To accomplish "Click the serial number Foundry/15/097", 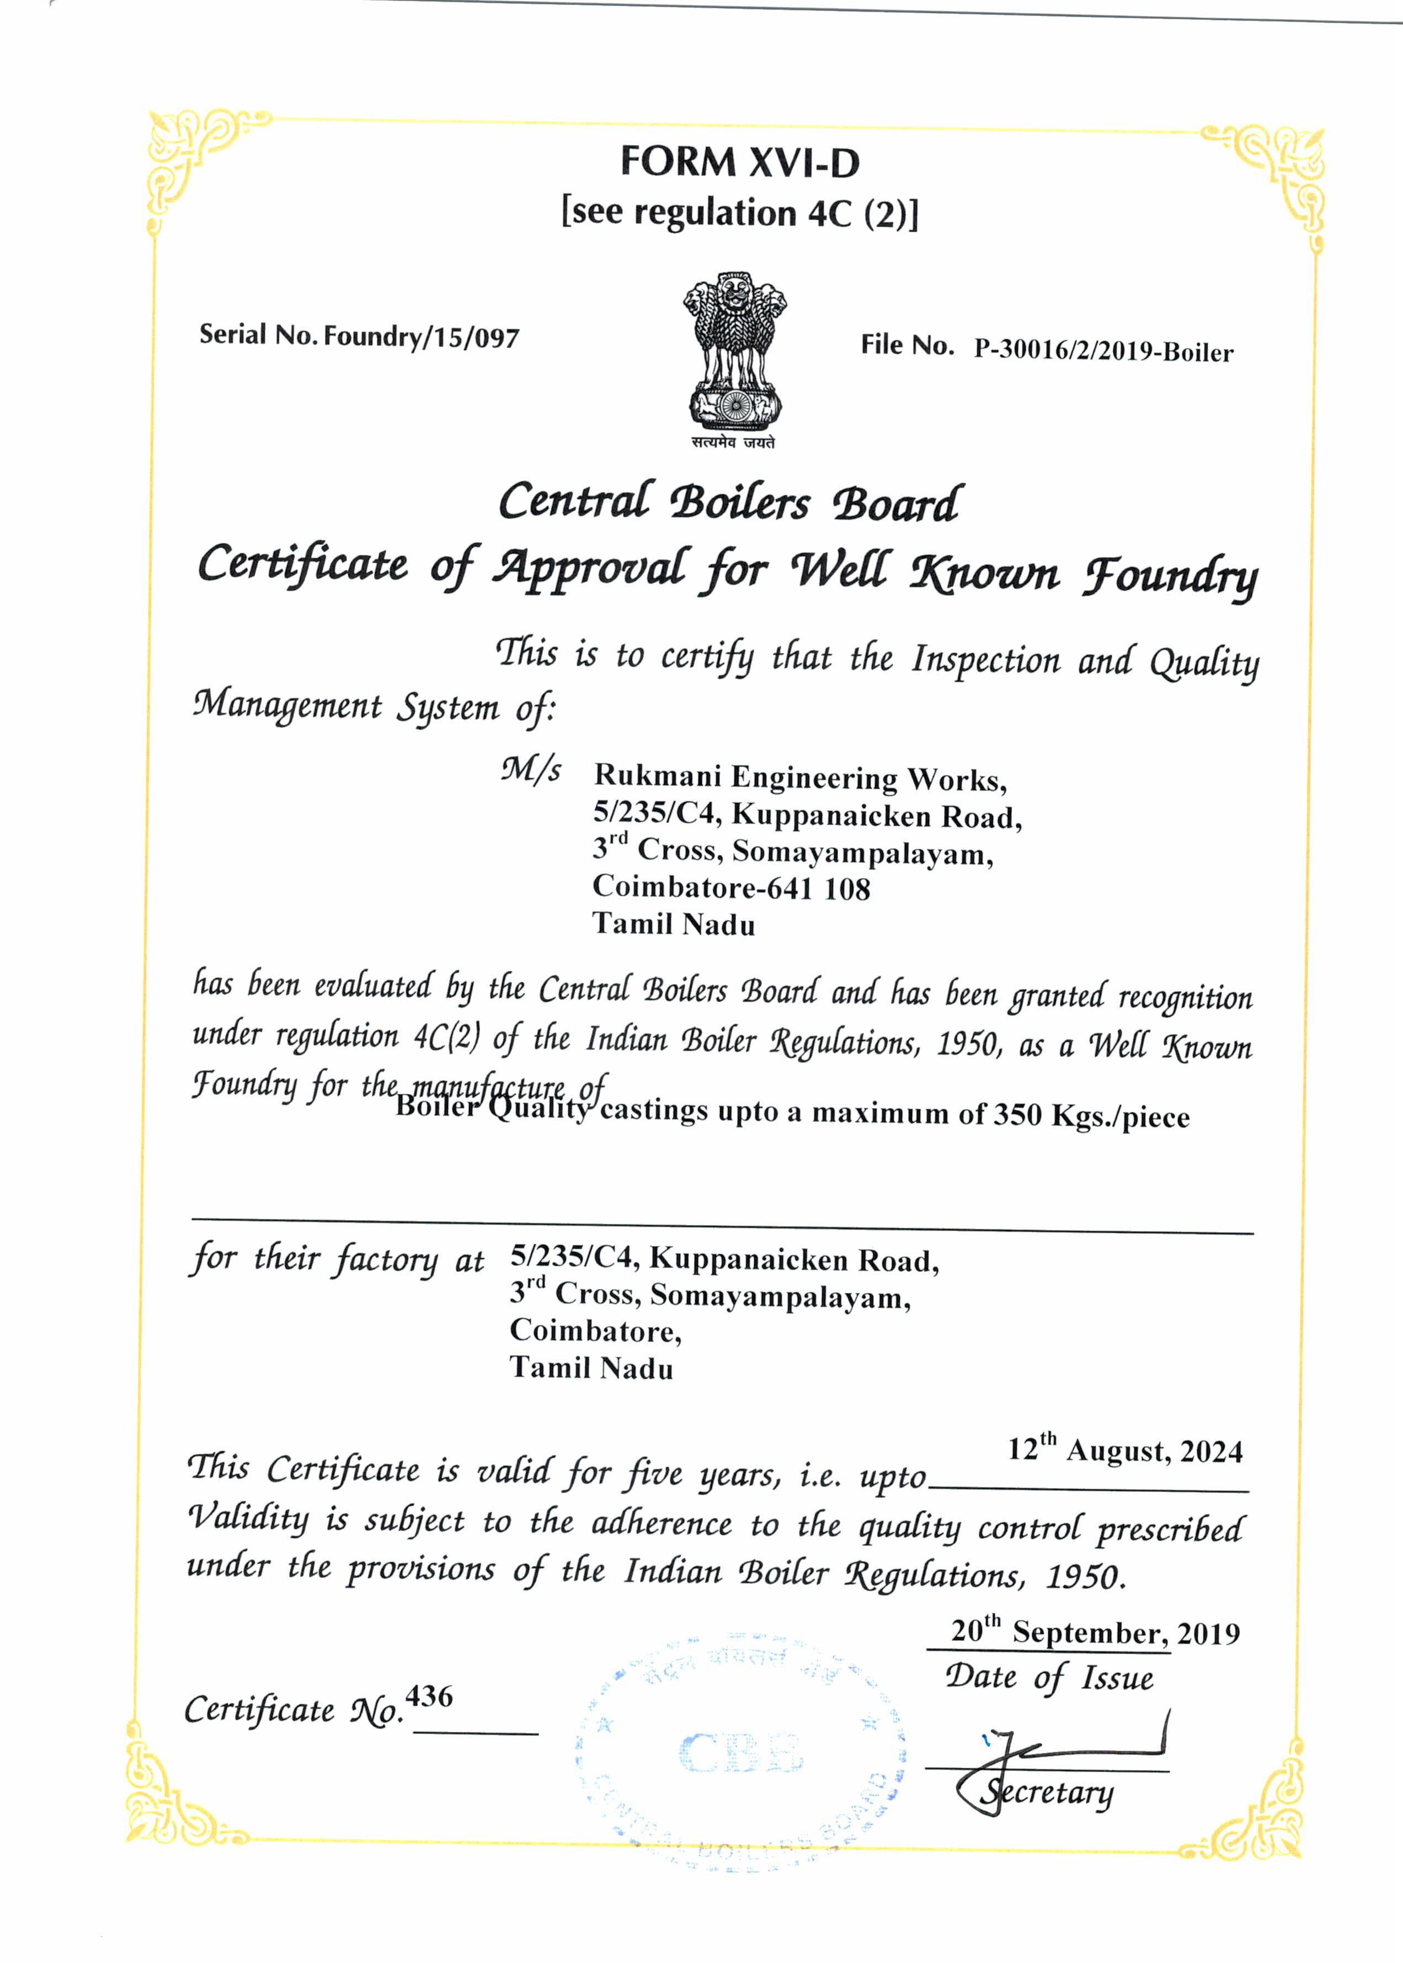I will (422, 336).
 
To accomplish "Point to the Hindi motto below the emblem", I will (733, 442).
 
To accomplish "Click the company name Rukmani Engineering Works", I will (799, 777).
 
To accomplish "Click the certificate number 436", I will (429, 1696).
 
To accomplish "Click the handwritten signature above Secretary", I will (1071, 1750).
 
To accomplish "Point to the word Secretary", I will (1047, 1793).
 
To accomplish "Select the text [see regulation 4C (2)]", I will (739, 212).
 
